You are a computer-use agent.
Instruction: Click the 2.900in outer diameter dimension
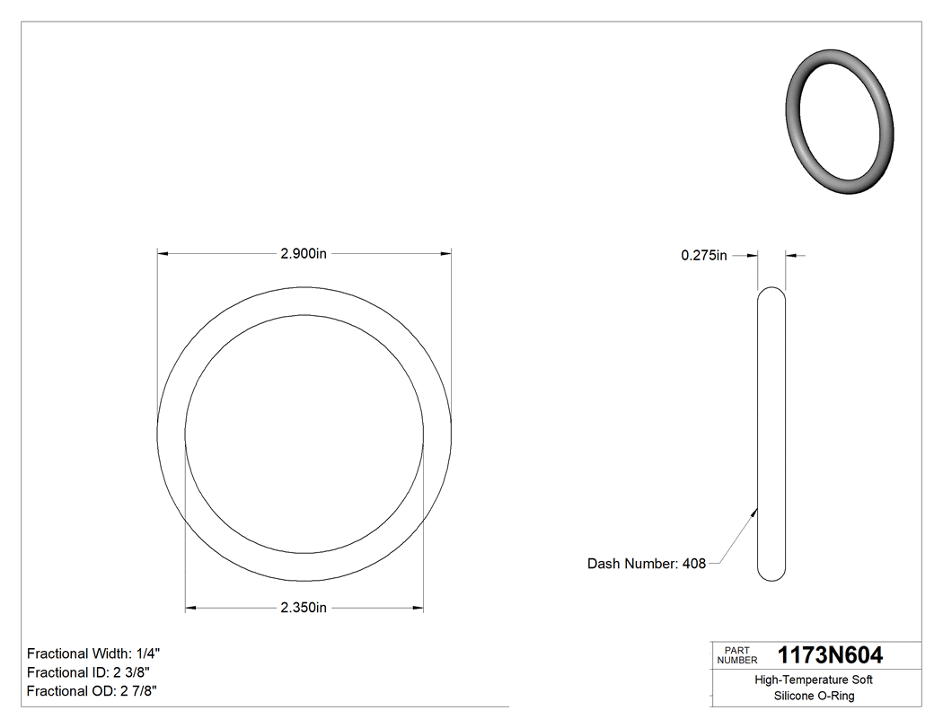pyautogui.click(x=303, y=254)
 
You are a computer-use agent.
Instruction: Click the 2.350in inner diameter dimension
pyautogui.click(x=303, y=608)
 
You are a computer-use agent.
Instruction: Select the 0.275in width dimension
pyautogui.click(x=703, y=256)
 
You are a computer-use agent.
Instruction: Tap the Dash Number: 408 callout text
pyautogui.click(x=646, y=564)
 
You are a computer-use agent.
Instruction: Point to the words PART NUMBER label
pyautogui.click(x=736, y=654)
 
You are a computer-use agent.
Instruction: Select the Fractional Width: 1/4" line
pyautogui.click(x=94, y=653)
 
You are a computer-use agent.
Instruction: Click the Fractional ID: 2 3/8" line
pyautogui.click(x=88, y=672)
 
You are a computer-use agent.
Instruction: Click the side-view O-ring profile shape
pyautogui.click(x=771, y=433)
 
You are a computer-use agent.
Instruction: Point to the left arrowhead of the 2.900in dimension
pyautogui.click(x=163, y=254)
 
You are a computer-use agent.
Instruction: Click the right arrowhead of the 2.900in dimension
pyautogui.click(x=445, y=254)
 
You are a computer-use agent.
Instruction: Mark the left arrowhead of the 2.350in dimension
pyautogui.click(x=190, y=608)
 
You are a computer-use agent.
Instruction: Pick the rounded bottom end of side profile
pyautogui.click(x=771, y=575)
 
